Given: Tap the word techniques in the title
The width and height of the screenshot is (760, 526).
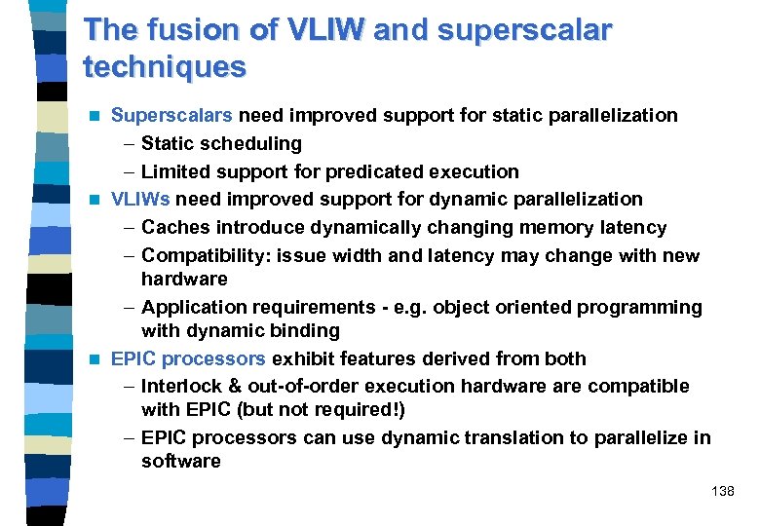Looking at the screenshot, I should (165, 67).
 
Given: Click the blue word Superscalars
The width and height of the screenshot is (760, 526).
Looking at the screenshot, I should (172, 115).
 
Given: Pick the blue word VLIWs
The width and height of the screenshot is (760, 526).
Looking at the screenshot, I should (140, 199).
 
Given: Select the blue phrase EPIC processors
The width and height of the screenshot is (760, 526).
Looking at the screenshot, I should (188, 358).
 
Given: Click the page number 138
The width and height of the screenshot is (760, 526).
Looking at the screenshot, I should (723, 491).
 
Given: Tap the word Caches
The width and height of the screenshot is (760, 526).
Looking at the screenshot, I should (175, 227).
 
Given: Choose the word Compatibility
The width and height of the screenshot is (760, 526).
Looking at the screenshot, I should (207, 255).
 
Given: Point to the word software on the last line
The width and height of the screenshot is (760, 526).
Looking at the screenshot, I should (180, 461).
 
